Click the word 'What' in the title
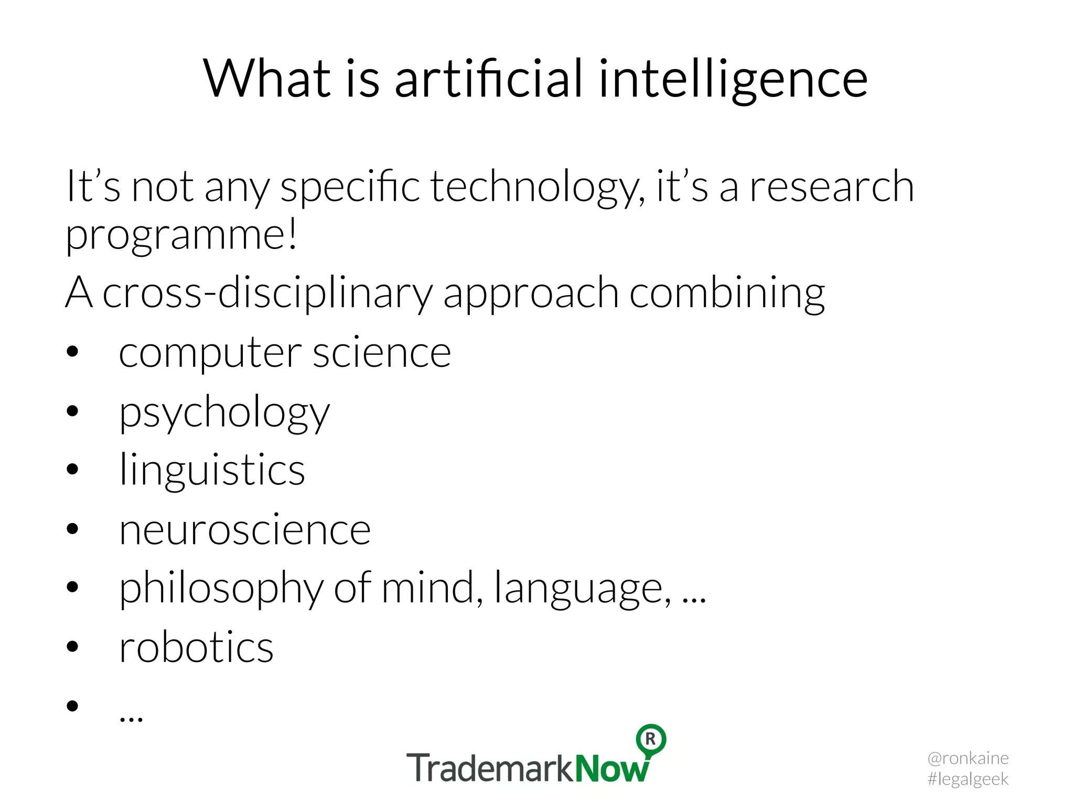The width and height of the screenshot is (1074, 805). click(x=267, y=79)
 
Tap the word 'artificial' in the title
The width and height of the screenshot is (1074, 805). click(x=488, y=79)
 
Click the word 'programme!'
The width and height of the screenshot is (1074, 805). click(x=181, y=236)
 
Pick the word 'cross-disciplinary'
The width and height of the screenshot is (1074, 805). click(x=267, y=293)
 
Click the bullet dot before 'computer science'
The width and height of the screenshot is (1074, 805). click(x=72, y=352)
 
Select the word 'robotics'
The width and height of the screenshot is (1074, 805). click(x=196, y=648)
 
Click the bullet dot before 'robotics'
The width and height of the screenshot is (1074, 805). click(x=72, y=647)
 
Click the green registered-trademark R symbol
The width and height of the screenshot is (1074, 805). click(x=651, y=739)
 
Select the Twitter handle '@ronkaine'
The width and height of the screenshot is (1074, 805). click(x=968, y=758)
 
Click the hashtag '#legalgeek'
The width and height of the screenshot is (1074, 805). click(x=968, y=779)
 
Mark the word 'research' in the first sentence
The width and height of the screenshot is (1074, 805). click(x=832, y=187)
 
